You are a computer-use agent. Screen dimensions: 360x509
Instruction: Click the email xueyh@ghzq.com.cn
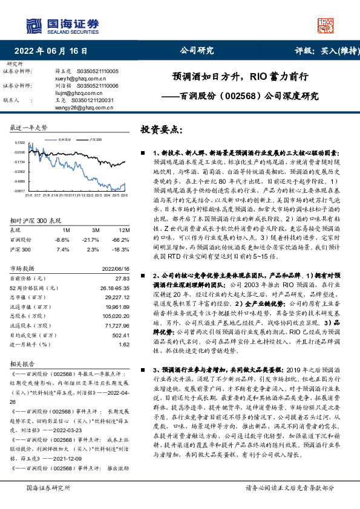78,79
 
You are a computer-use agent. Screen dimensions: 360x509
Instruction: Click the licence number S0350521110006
97,86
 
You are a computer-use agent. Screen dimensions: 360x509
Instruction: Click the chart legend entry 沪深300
94,139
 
